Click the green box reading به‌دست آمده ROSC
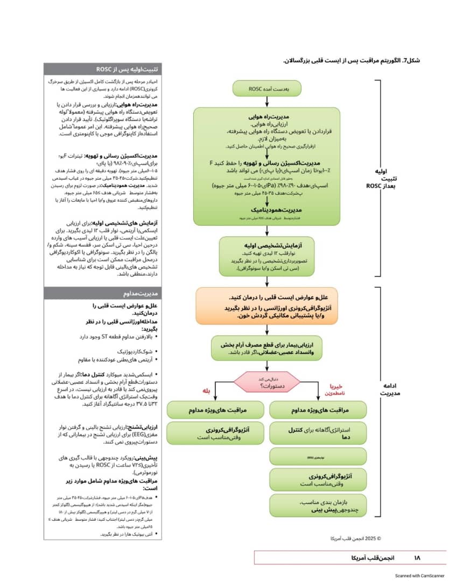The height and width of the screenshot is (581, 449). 267,89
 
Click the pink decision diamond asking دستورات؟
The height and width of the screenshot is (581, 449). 267,382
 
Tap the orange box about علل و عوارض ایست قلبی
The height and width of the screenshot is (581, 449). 267,306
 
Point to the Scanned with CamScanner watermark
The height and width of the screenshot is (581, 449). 419,575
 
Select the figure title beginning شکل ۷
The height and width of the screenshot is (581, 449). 351,60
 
